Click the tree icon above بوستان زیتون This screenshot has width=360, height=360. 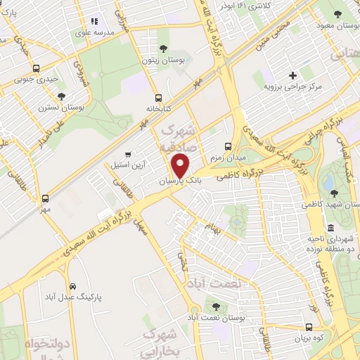coord(163,49)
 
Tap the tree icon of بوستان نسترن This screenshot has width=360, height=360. coord(61,96)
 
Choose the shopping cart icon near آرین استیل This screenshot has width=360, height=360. coord(127,155)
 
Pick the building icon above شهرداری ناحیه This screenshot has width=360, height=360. coord(309,226)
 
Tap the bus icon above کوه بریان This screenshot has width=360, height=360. coord(309,327)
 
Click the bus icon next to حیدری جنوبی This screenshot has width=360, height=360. coord(37,68)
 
